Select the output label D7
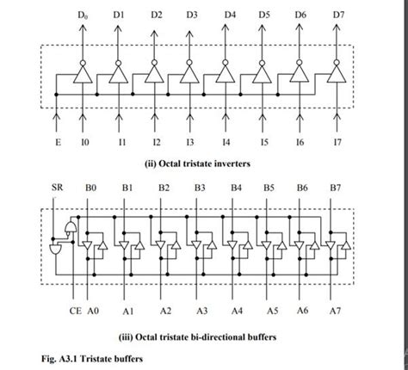click(x=338, y=15)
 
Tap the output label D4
click(x=230, y=15)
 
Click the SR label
click(x=58, y=186)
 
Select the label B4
click(x=236, y=186)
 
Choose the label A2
click(x=165, y=309)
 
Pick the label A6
click(x=303, y=309)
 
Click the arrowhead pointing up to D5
click(x=264, y=28)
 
